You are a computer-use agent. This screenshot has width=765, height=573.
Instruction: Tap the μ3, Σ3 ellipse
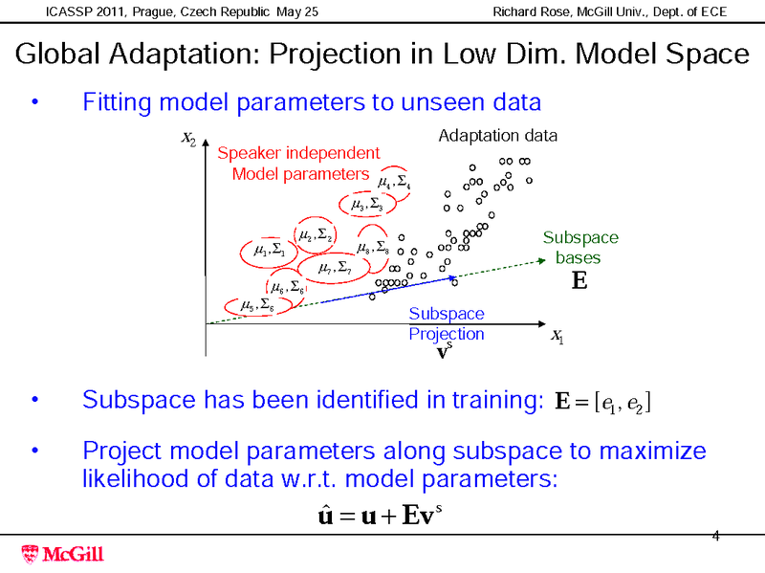[x=366, y=204]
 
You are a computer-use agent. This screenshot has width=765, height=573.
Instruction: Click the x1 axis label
[x=557, y=336]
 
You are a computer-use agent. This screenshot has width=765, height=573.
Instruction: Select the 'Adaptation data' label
[x=497, y=136]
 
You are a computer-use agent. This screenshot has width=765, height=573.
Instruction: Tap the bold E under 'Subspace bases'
[x=579, y=281]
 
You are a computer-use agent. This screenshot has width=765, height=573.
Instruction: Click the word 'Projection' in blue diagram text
[x=446, y=334]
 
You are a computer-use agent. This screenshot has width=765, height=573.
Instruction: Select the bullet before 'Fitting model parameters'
[x=35, y=101]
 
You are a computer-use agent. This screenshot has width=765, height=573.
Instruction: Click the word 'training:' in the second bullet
[x=495, y=399]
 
